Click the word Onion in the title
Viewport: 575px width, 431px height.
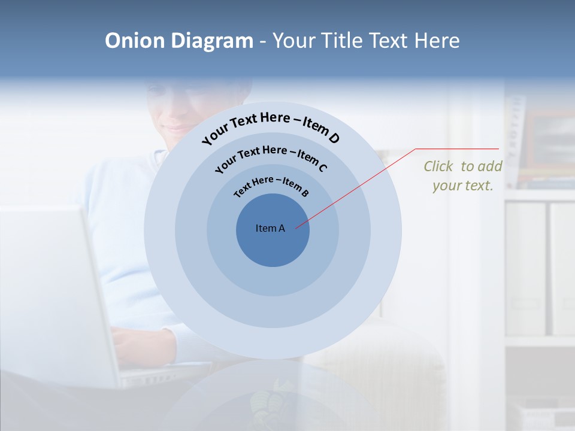135,41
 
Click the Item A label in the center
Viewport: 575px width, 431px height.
270,228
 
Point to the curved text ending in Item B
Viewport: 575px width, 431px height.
271,186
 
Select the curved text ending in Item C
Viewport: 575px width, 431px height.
271,157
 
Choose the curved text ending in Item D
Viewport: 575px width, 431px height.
271,128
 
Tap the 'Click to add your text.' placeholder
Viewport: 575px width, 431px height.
463,176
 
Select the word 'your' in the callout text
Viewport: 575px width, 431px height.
446,186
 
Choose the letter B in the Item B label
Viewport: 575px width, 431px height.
305,193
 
